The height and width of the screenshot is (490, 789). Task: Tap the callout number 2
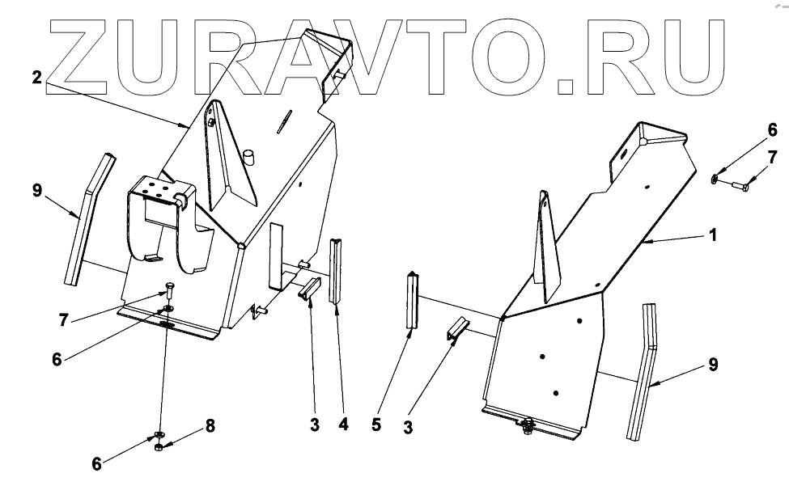(36, 78)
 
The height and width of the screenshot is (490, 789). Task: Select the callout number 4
(344, 423)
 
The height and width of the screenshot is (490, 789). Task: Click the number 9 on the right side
(713, 365)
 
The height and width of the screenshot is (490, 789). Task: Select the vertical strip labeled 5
(413, 300)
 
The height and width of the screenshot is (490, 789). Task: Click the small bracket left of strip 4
(310, 289)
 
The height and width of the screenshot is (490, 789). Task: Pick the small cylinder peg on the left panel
(249, 155)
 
